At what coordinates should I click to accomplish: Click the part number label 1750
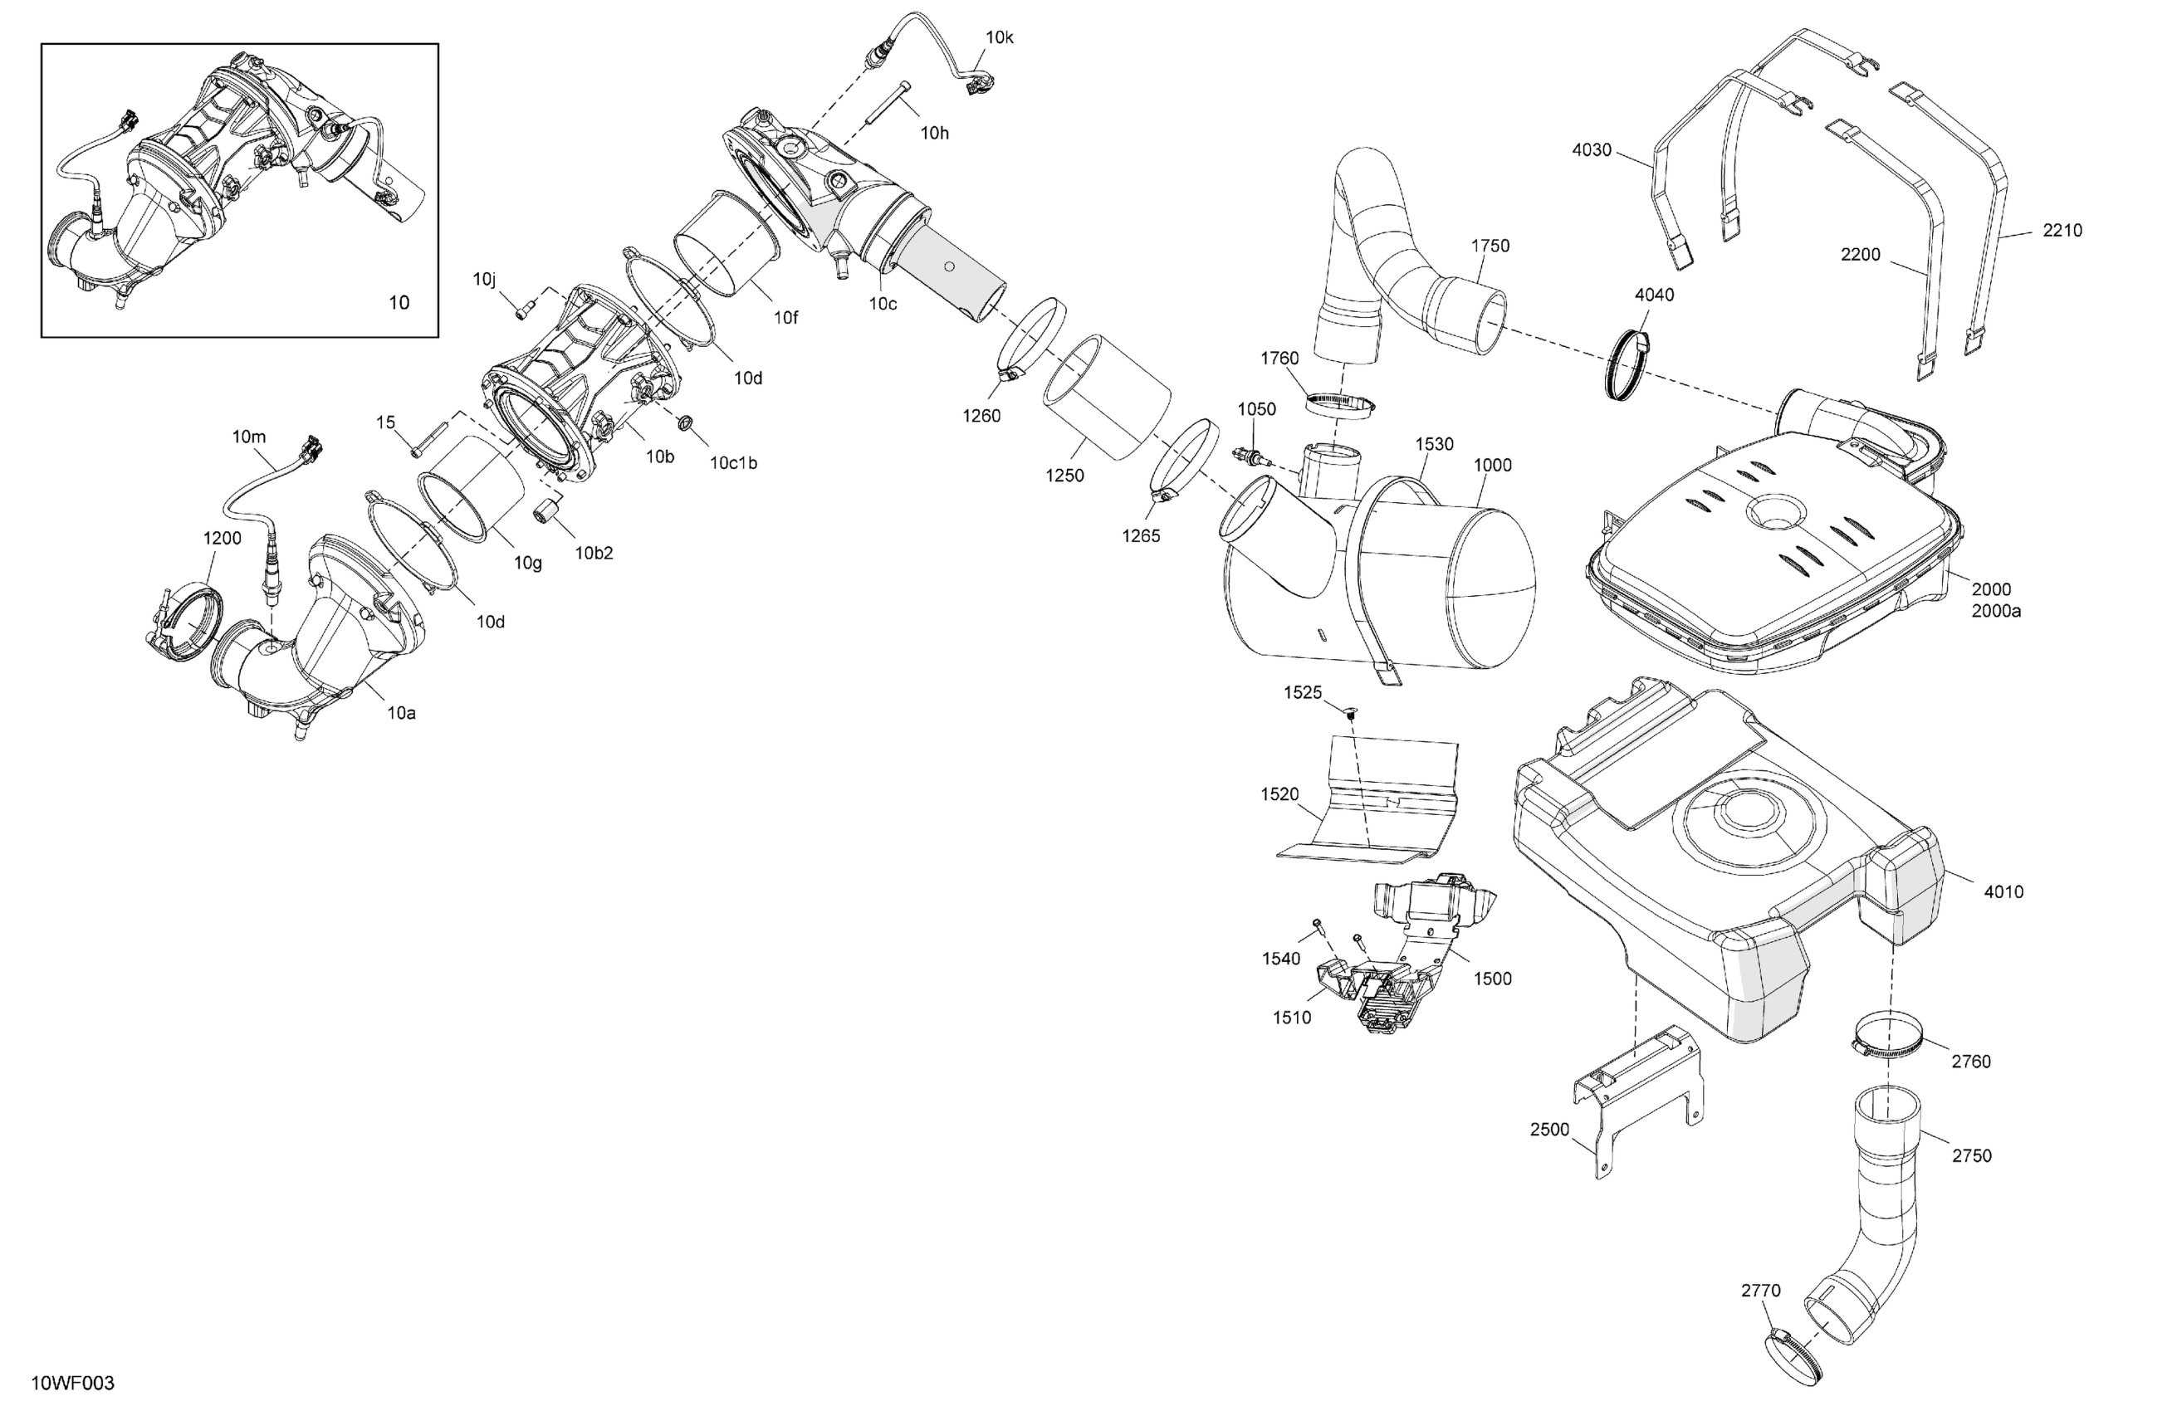click(1490, 246)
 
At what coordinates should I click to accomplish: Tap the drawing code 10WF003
click(72, 1384)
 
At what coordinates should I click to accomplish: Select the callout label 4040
click(1654, 295)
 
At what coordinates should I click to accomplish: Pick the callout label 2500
click(1549, 1130)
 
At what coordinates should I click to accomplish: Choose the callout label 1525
click(1303, 692)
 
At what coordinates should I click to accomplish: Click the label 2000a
click(1996, 611)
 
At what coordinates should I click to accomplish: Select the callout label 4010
click(2003, 891)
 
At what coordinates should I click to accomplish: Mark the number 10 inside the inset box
click(399, 303)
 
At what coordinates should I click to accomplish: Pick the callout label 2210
click(2062, 231)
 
